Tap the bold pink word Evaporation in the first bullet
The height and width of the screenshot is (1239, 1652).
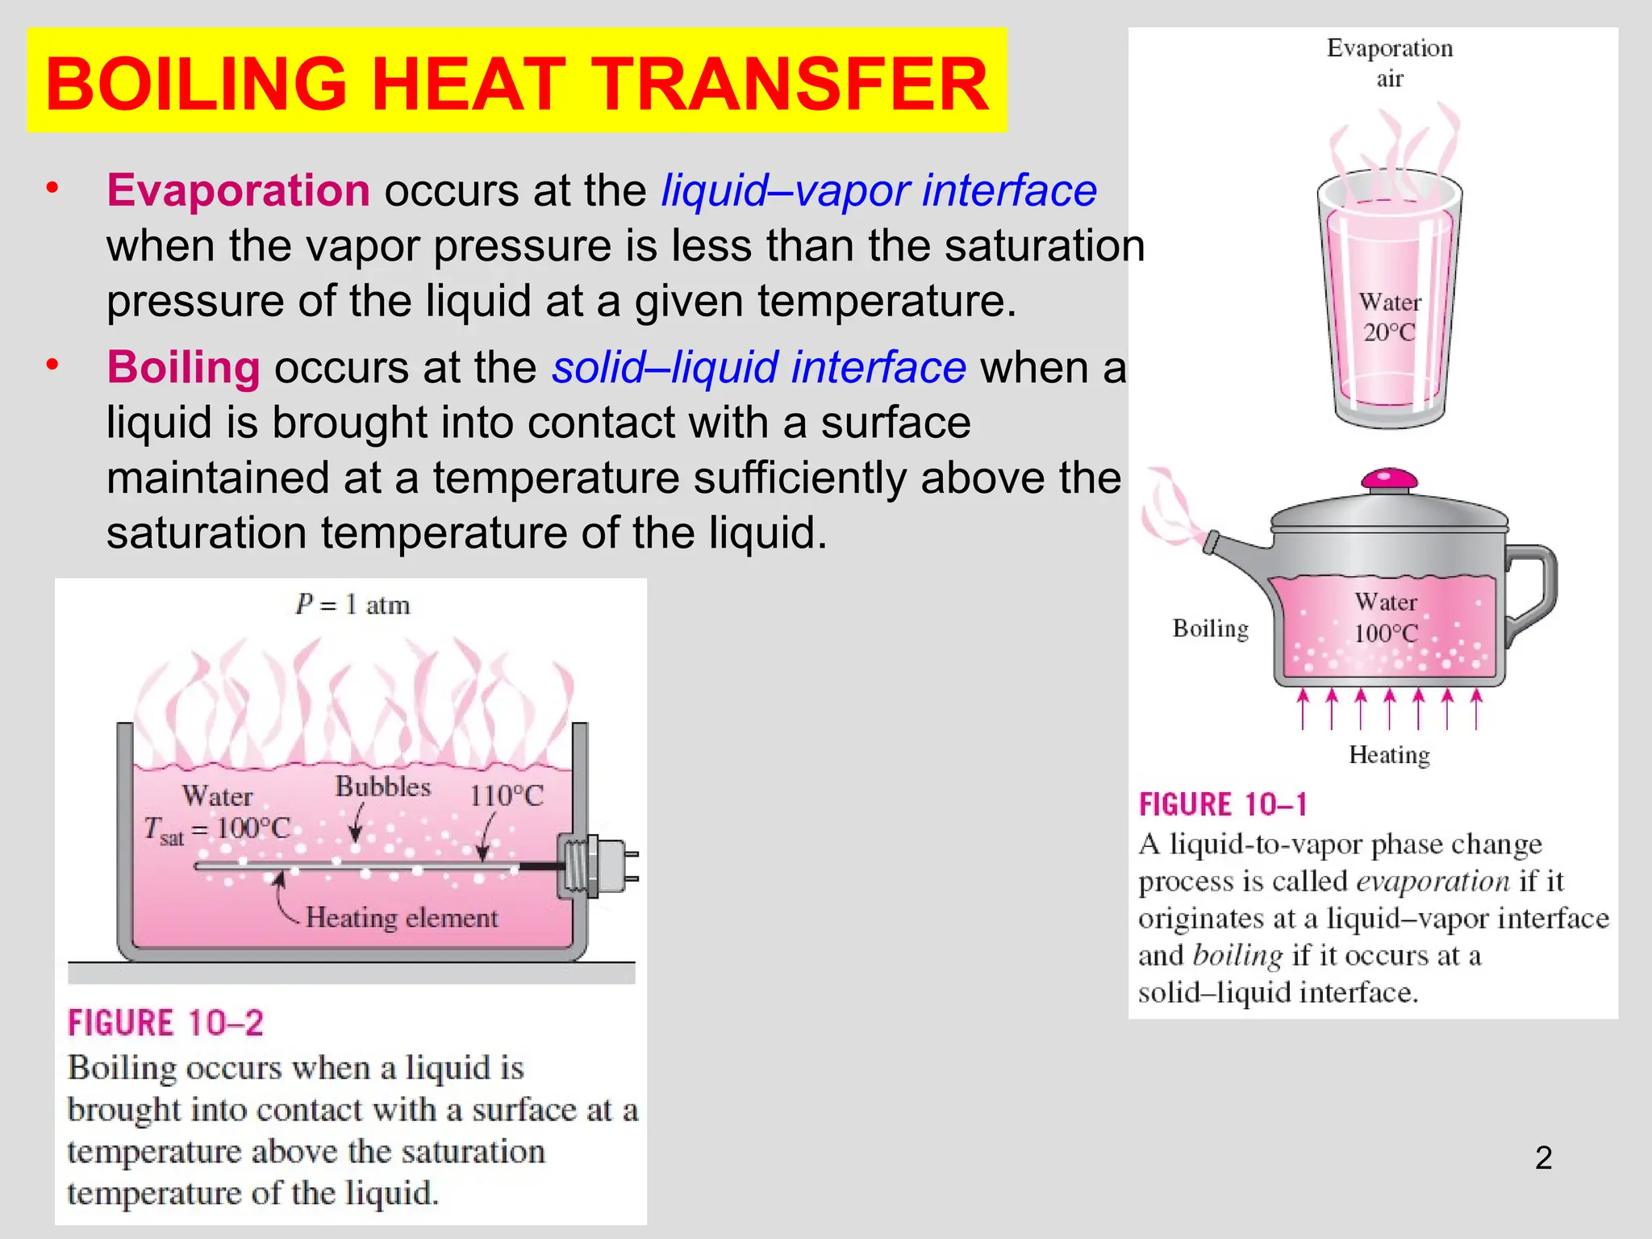click(238, 190)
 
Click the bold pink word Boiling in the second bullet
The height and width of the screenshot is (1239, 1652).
click(183, 367)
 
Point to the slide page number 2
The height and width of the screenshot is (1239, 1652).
click(1543, 1158)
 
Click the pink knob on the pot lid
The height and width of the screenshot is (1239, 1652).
click(1389, 480)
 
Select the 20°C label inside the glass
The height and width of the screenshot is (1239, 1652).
click(1389, 332)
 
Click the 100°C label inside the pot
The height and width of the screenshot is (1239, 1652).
click(1385, 633)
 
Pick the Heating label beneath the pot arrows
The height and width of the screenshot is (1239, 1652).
click(1389, 755)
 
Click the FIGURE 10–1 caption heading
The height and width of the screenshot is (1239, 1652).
click(1222, 805)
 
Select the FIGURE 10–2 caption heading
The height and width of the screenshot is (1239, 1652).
click(165, 1023)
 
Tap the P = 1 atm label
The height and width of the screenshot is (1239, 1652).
click(353, 605)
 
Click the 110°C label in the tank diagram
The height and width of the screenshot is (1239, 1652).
click(507, 796)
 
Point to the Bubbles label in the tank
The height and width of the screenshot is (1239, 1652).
click(382, 786)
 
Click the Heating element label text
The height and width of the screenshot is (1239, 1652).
click(402, 918)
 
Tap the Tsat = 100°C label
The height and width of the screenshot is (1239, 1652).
click(216, 829)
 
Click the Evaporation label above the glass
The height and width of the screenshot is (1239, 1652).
click(1389, 48)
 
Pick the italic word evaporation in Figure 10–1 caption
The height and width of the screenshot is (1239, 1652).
click(1433, 882)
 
